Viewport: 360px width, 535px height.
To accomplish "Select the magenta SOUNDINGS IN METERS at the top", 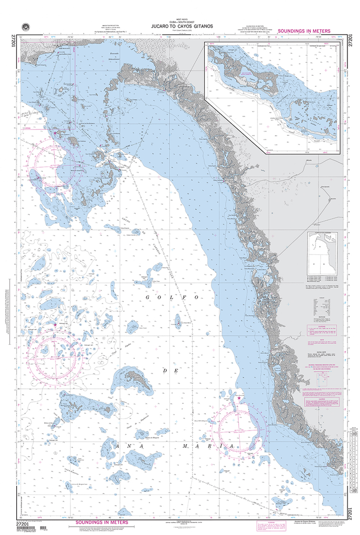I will click(304, 31).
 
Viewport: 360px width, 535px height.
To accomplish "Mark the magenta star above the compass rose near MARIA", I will click(239, 398).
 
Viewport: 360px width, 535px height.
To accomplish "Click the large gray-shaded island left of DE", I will click(132, 380).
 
